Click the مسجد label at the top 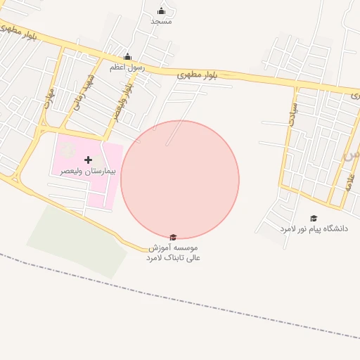pos(161,21)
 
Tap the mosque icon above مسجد pos(161,11)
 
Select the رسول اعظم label pos(127,67)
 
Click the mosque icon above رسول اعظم pos(127,57)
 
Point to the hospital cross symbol pos(88,160)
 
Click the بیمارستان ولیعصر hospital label pos(89,171)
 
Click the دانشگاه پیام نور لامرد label pos(314,229)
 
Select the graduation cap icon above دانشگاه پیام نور pos(314,218)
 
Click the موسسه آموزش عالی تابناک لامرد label pos(173,253)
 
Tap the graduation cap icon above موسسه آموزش pos(173,238)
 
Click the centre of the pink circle pos(180,179)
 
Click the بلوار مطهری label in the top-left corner pos(19,32)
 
